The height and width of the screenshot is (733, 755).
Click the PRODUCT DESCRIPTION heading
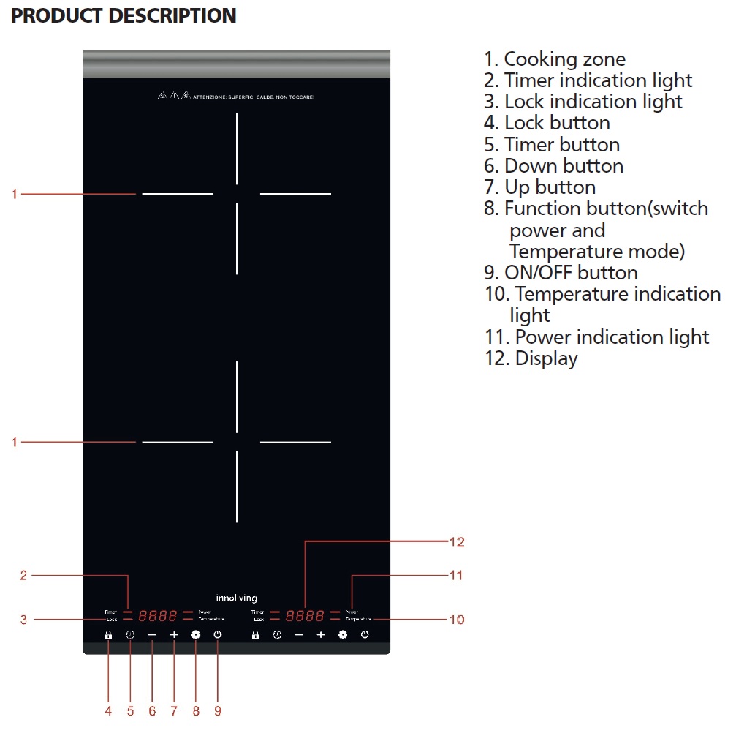tap(124, 15)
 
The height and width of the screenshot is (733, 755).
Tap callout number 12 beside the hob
tap(457, 542)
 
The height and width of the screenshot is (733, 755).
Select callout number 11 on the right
tap(456, 576)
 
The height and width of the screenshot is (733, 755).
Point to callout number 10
tap(457, 620)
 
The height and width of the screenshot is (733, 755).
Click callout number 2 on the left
tap(23, 576)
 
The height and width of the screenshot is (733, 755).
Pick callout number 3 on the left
tap(23, 620)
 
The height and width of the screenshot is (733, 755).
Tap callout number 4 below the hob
tap(108, 710)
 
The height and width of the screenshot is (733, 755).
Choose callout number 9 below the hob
tap(218, 710)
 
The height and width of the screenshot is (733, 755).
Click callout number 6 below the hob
tap(152, 710)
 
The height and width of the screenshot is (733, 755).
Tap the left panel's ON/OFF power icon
tap(218, 635)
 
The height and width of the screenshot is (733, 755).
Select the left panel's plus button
tap(174, 635)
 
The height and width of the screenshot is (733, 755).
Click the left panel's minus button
tap(152, 635)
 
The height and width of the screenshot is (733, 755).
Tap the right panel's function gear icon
tap(343, 635)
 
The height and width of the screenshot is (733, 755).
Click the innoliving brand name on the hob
tap(237, 598)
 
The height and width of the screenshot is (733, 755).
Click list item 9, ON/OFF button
tap(561, 273)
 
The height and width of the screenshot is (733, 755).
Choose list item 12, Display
tap(531, 358)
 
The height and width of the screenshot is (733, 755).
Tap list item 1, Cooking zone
tap(555, 59)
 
